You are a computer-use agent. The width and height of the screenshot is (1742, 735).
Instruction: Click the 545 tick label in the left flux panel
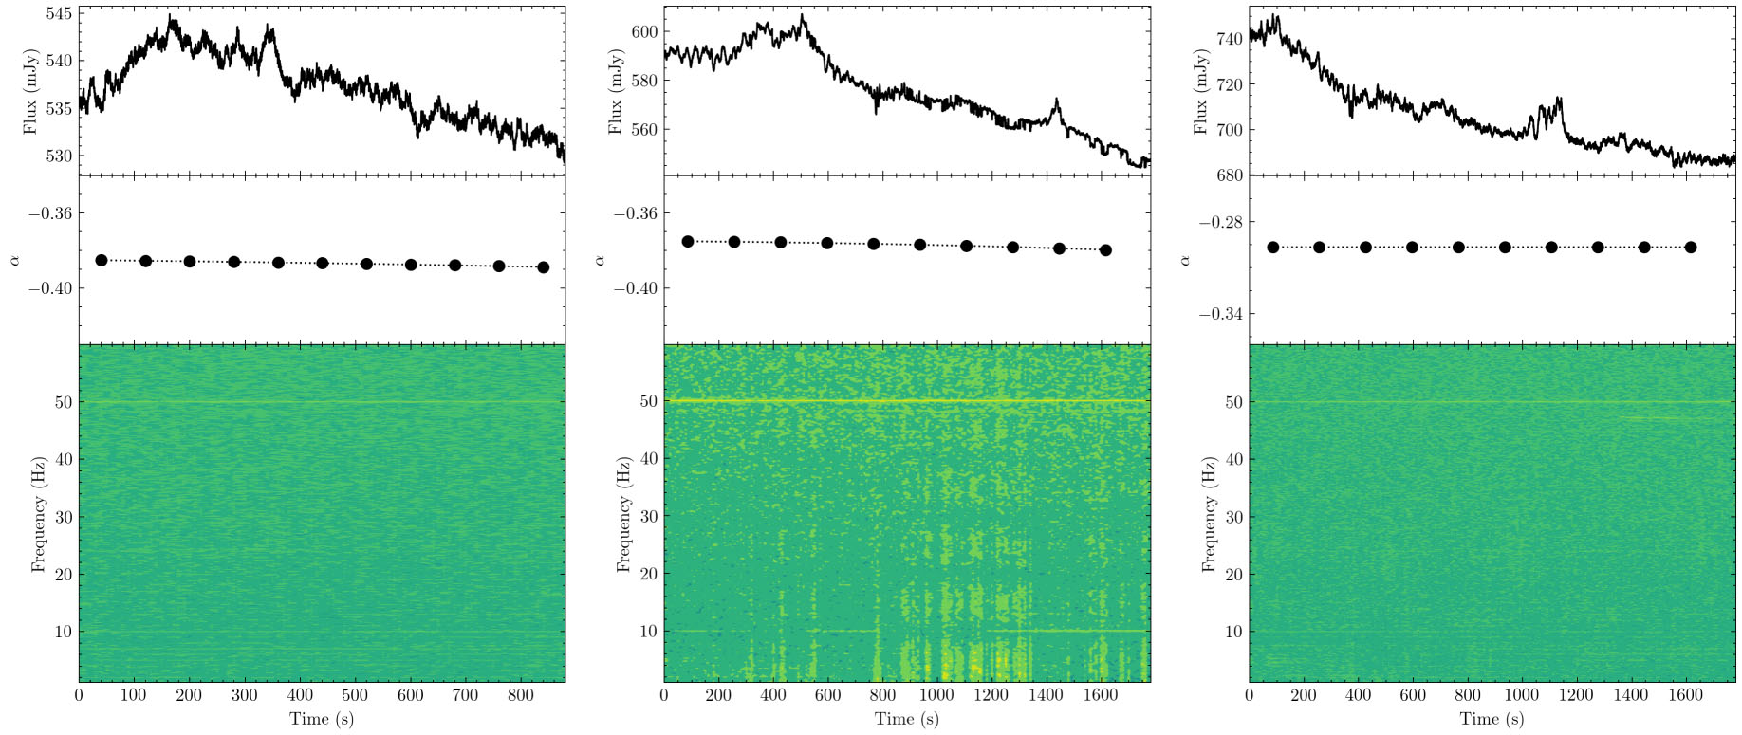pos(60,14)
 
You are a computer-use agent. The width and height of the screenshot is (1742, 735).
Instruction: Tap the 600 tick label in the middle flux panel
pos(644,31)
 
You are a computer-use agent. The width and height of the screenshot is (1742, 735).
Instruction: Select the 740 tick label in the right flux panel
pos(1230,39)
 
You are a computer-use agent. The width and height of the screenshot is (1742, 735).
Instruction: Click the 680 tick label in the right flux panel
pos(1230,175)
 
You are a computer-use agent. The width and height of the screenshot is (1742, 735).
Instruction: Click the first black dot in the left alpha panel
pos(102,260)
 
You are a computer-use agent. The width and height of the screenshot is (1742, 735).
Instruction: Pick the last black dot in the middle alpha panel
pos(1105,250)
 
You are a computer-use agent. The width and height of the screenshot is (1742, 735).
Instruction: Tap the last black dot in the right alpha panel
pos(1691,248)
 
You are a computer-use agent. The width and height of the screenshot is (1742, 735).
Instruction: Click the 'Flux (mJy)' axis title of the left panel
pos(29,92)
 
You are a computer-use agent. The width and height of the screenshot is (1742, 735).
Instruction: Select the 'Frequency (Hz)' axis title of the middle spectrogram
pos(623,514)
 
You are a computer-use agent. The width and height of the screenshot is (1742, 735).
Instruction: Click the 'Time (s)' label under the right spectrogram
pos(1492,719)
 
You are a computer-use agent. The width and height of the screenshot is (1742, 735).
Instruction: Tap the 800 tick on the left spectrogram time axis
pos(521,695)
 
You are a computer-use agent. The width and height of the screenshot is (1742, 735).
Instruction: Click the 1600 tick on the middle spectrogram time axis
pos(1100,695)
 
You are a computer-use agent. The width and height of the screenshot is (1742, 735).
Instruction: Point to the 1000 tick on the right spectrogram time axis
pos(1521,695)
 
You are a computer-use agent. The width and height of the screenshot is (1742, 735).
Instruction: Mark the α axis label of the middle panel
pos(600,259)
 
